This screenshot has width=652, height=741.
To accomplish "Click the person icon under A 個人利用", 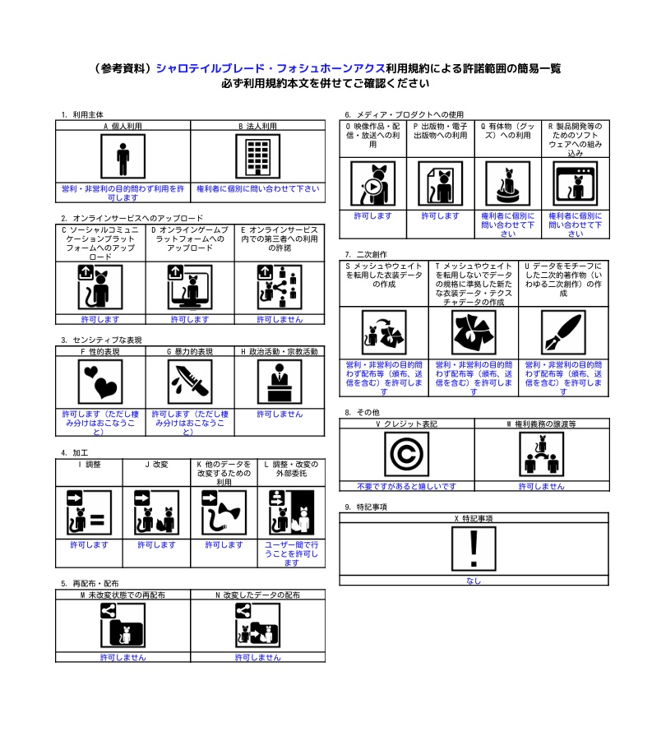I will point(123,156).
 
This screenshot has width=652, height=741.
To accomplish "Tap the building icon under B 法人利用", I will point(257,156).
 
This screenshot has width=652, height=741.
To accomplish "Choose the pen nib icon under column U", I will point(563,332).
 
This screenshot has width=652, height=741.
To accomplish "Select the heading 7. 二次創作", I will point(366,254).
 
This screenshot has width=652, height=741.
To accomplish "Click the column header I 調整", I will point(89,465).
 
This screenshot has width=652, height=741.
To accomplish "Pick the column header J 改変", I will point(156,465).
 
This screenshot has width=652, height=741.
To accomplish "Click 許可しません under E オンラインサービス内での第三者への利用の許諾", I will point(280,319).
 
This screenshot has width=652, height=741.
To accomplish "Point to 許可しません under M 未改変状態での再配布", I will point(123,657).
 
